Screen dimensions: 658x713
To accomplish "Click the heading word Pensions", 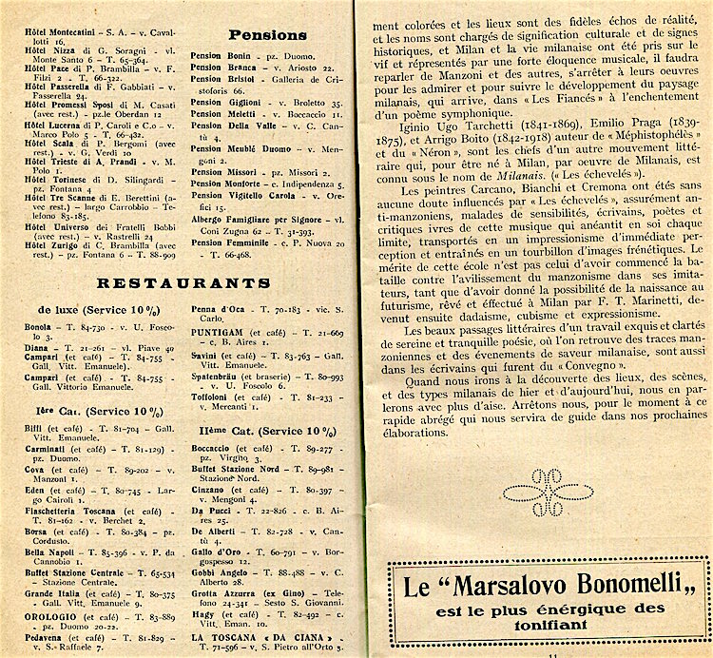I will (x=267, y=36).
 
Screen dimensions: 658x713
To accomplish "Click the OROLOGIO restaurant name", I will (x=46, y=615).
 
